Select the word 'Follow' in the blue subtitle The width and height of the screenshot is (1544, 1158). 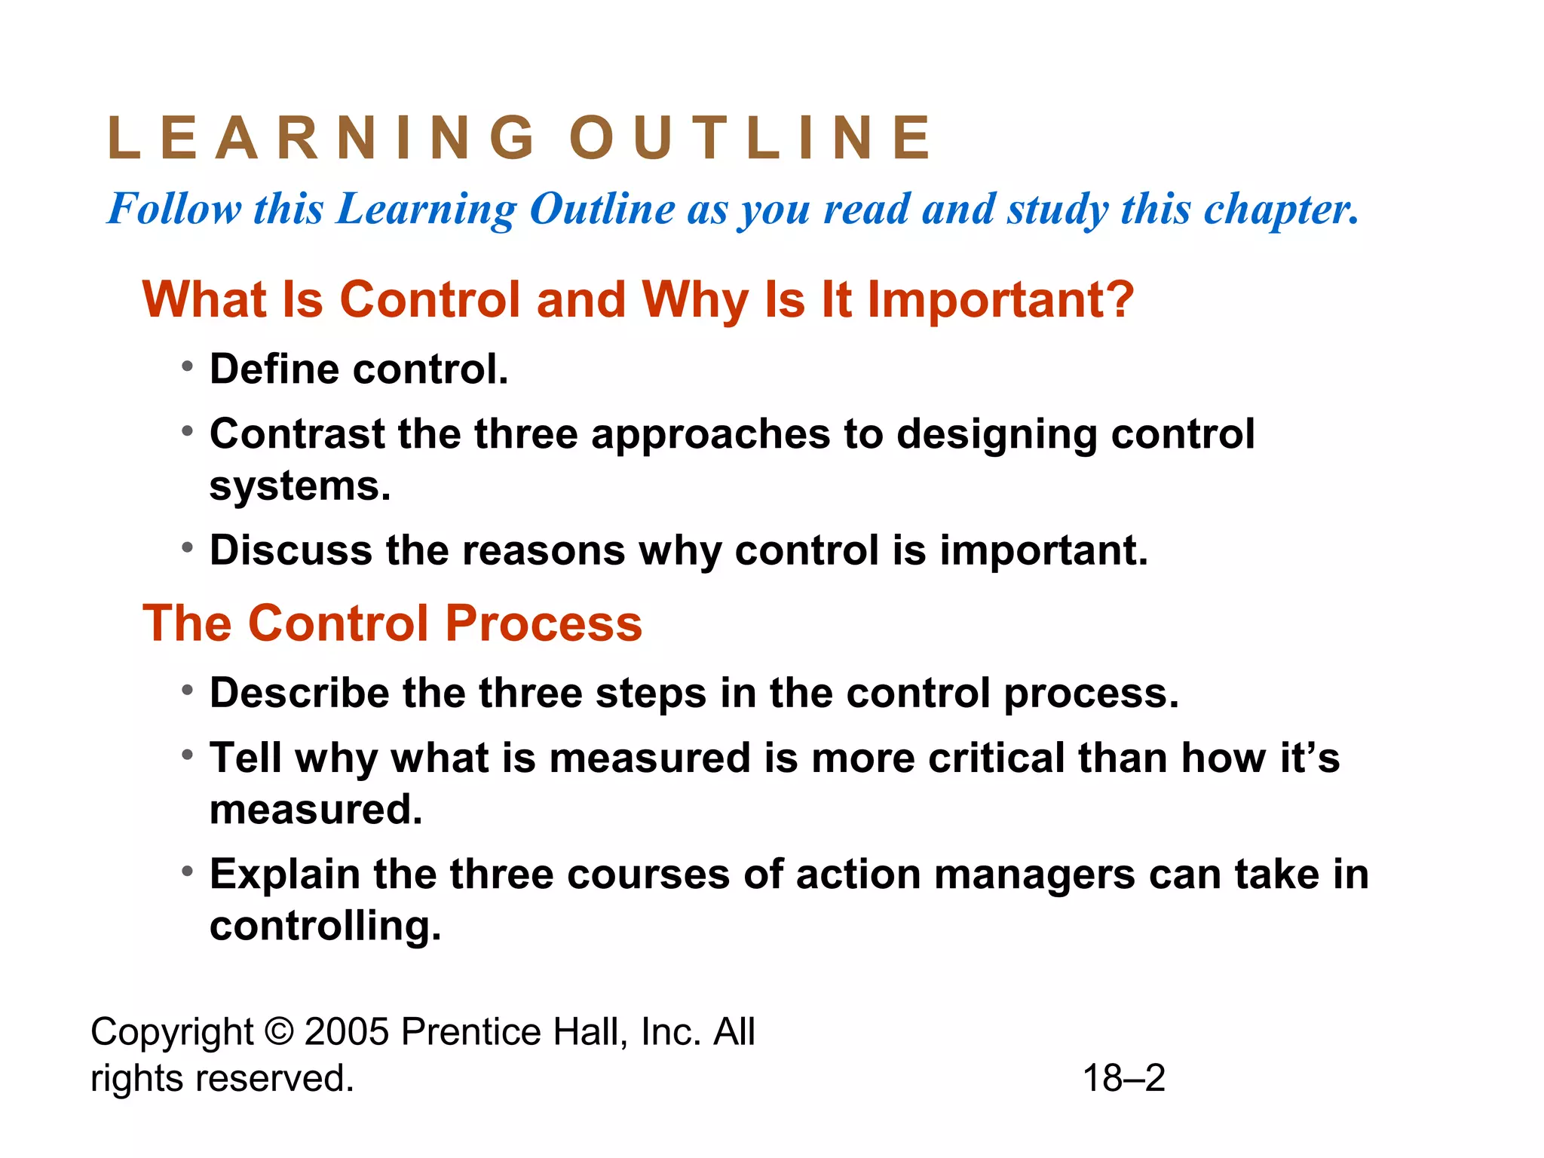174,208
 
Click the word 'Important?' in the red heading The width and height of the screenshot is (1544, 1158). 1000,300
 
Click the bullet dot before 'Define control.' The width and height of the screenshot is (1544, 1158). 188,367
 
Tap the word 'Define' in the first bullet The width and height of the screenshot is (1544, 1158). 274,369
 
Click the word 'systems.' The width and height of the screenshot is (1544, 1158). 300,487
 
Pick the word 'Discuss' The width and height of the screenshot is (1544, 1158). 291,550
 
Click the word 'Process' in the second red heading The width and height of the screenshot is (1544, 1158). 543,623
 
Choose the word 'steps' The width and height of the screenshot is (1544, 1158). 651,694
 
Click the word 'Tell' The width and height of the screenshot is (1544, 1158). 246,757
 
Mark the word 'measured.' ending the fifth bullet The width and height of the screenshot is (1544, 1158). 316,810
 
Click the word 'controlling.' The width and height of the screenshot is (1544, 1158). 325,926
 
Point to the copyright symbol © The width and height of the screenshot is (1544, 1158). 279,1031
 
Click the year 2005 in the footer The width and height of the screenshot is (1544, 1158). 346,1031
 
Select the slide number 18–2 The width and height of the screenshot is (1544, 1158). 1124,1078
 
